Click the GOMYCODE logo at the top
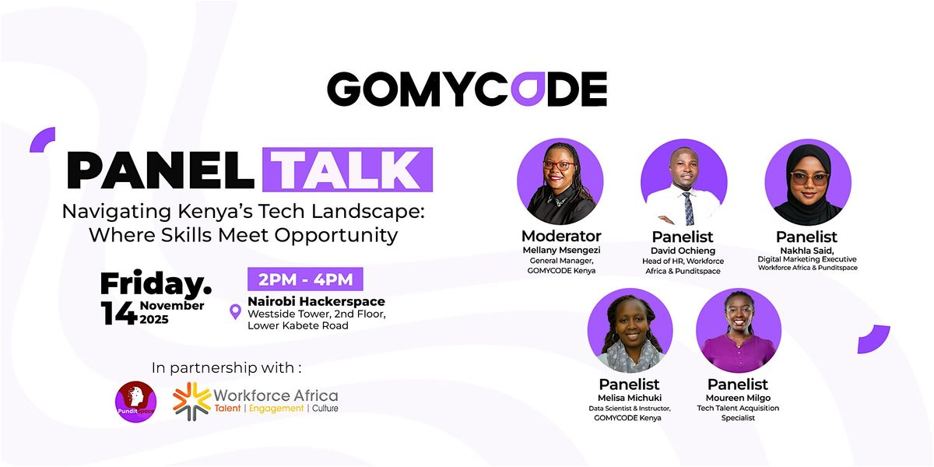(x=466, y=89)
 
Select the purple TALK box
(x=347, y=170)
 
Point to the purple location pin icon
(x=235, y=313)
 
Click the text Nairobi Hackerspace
(x=316, y=301)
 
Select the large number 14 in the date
(x=118, y=312)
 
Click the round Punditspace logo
(x=135, y=402)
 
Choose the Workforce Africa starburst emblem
(x=191, y=401)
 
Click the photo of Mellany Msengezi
(x=560, y=182)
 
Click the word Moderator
(x=560, y=236)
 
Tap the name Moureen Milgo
(x=738, y=398)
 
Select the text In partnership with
(x=226, y=367)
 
